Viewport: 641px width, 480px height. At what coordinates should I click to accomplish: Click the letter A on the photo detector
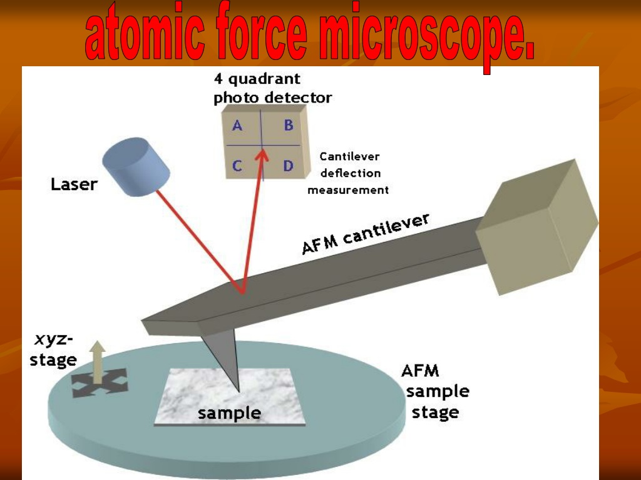(237, 125)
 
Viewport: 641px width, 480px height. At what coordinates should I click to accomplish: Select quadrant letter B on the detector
(289, 125)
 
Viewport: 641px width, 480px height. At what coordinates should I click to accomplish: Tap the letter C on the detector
(237, 166)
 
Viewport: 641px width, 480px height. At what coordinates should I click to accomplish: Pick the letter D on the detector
(289, 166)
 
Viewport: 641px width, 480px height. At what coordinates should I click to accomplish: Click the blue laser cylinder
(136, 166)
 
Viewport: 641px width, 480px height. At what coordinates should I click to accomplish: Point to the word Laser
(74, 184)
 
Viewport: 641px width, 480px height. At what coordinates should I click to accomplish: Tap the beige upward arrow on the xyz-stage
(97, 362)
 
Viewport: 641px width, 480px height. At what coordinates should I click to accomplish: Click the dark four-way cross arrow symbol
(100, 383)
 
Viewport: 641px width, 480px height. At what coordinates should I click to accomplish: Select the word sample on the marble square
(229, 413)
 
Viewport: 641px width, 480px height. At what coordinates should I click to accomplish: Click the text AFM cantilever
(365, 233)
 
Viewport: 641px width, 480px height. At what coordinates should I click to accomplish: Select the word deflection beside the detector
(351, 173)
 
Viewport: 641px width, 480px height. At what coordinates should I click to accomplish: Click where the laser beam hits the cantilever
(242, 292)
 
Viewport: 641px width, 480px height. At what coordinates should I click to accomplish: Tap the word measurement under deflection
(348, 190)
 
